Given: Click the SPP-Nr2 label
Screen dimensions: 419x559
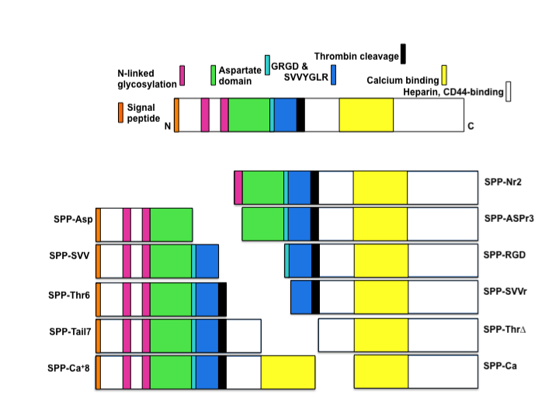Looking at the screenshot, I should pos(503,183).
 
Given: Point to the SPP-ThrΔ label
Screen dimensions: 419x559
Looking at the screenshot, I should pos(505,329).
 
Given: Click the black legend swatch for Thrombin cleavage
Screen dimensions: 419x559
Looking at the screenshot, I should pos(402,54).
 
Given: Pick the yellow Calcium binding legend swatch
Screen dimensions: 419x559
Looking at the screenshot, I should pos(444,75).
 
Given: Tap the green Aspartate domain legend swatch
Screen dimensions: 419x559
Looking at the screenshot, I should pos(214,74).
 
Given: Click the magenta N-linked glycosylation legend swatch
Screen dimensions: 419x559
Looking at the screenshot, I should pos(182,75).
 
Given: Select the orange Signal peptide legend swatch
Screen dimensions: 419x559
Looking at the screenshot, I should pos(120,113).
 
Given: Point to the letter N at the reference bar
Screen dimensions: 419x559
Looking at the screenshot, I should pos(168,126).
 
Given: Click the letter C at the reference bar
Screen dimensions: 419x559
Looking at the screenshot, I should pos(469,126).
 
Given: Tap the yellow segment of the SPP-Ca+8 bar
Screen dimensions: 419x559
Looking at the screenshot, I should pos(287,372).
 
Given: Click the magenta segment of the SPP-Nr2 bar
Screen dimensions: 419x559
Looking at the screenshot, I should pos(238,188).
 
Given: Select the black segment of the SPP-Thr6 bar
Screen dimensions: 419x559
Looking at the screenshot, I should pos(223,299).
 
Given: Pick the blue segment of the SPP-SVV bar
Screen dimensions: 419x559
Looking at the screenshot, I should pos(207,261).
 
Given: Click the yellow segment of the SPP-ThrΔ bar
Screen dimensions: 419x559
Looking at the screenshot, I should pos(380,335).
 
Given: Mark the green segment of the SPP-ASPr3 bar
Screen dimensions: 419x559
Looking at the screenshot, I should pos(263,223).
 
